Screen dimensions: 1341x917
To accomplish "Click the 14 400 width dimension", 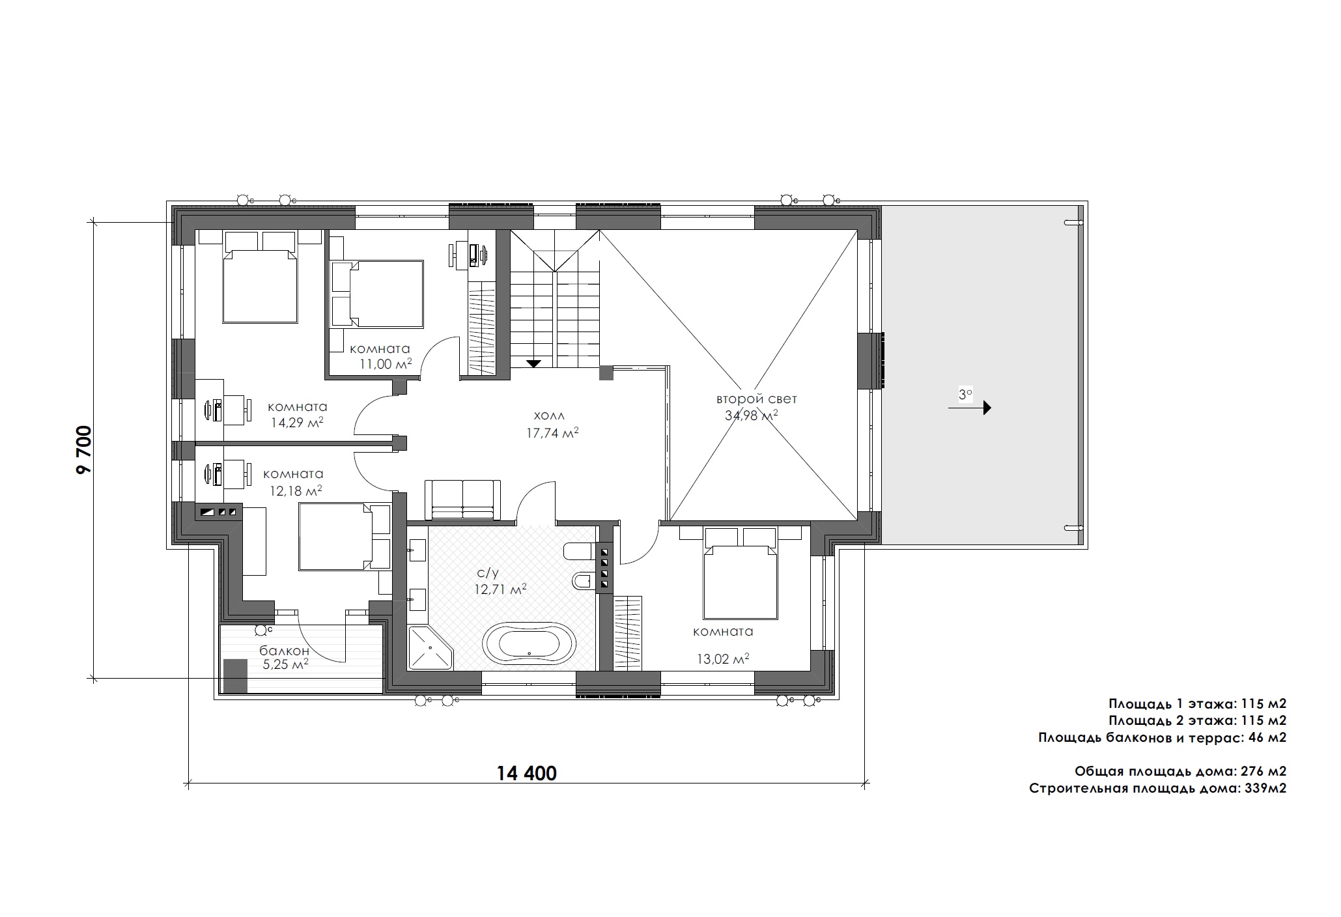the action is [527, 773].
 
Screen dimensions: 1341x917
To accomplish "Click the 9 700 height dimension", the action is [85, 450].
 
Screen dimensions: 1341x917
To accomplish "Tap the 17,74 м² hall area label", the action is [553, 433].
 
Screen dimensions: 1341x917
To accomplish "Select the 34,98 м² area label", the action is [752, 416].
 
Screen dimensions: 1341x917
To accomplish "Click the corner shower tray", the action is [429, 647].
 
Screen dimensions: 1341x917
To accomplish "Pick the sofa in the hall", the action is [462, 500].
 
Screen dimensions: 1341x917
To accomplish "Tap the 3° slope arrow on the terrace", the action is [970, 408].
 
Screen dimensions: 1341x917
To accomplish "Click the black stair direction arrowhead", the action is [534, 363].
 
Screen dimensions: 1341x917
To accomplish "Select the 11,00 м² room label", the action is [386, 364].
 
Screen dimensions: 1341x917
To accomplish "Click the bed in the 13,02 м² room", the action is [741, 582].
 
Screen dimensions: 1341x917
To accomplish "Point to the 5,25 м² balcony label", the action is [285, 665].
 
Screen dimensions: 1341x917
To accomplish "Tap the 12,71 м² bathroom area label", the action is [501, 590].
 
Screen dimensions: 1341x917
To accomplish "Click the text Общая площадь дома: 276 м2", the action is [1180, 771].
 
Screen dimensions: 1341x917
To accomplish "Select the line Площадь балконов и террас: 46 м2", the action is [1163, 738].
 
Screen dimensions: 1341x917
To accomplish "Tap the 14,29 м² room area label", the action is [297, 422].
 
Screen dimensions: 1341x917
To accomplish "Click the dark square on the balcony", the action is [235, 676].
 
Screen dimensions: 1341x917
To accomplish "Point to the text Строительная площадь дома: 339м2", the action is [1158, 789].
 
